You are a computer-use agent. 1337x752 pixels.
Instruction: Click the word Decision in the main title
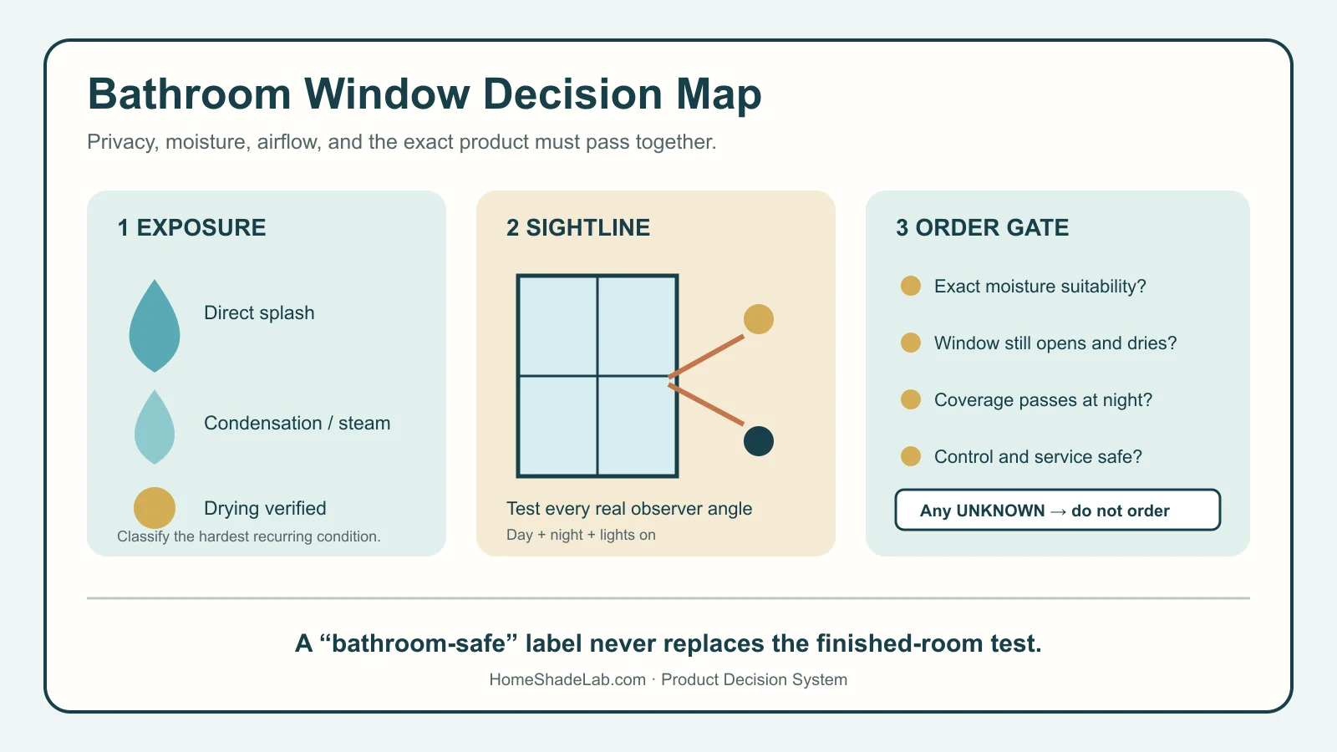(x=573, y=94)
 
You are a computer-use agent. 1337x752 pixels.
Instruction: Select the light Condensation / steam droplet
(x=155, y=427)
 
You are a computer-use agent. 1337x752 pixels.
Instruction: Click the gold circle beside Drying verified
(x=155, y=508)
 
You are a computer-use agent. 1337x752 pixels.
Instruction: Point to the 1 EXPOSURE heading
(x=191, y=227)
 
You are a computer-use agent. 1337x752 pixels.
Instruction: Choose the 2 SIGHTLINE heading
(x=577, y=227)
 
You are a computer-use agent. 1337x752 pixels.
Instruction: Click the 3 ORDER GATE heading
(x=982, y=227)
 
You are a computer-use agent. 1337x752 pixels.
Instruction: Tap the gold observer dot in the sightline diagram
(x=759, y=318)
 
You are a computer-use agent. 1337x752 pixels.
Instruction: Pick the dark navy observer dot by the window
(x=759, y=441)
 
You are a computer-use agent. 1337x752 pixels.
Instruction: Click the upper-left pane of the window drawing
(x=558, y=326)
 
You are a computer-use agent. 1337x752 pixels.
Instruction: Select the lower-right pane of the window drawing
(x=637, y=426)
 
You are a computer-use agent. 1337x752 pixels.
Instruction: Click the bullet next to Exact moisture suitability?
(x=910, y=286)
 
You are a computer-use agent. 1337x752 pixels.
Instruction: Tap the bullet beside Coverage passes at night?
(x=910, y=399)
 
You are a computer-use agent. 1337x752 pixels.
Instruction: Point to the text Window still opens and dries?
(x=1055, y=343)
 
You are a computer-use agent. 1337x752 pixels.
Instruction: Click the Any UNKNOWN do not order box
(x=1057, y=511)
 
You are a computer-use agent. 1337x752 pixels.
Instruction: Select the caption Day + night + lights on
(x=581, y=535)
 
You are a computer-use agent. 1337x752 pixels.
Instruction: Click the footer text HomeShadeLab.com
(x=567, y=680)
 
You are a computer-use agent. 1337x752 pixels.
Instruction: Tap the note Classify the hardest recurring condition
(x=248, y=536)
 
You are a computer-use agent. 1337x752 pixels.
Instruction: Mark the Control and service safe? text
(x=1038, y=456)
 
